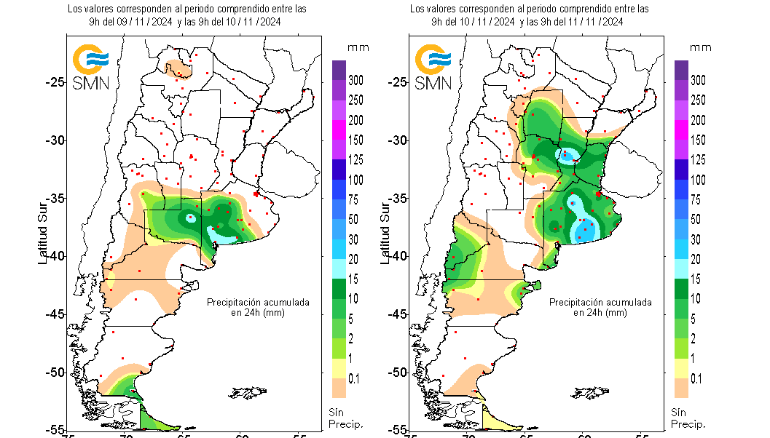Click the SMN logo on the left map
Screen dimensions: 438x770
[90, 67]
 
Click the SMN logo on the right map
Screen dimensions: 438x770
[433, 67]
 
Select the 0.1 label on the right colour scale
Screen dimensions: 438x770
[697, 378]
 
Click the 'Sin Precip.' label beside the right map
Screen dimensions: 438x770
[687, 418]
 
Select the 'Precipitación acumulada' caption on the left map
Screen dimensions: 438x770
[258, 301]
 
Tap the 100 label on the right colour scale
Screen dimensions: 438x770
[697, 179]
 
